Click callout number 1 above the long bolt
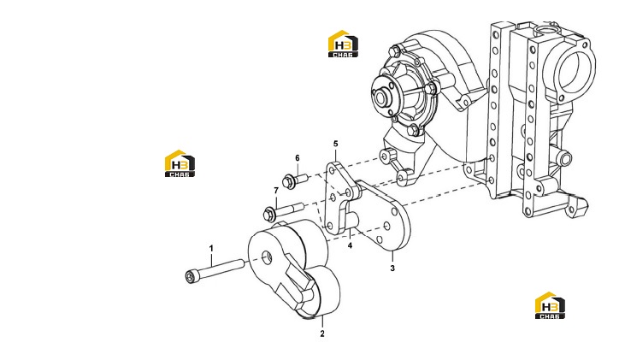pos(211,248)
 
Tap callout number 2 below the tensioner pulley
pos(322,333)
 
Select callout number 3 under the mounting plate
pos(392,269)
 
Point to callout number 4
pos(350,245)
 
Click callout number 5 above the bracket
pos(335,144)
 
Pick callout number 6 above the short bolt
pos(298,158)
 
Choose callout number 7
pos(276,191)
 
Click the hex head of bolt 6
pos(288,181)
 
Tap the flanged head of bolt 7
pos(268,214)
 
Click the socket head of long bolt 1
pos(191,276)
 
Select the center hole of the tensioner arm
pos(268,257)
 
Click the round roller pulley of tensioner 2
pos(321,292)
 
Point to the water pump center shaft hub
pos(382,97)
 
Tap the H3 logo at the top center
pos(343,44)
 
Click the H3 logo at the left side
pos(180,163)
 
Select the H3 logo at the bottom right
pos(550,305)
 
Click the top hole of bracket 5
pos(333,171)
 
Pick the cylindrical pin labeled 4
pos(351,220)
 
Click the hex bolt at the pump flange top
pos(394,51)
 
